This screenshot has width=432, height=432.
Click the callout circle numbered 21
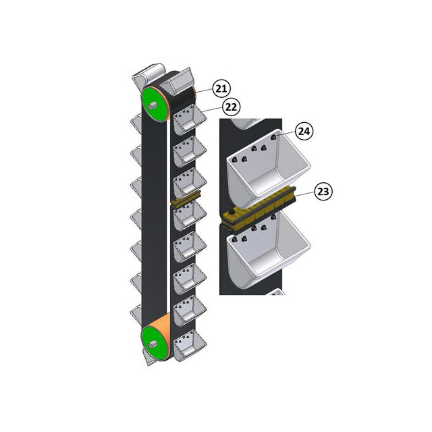point(221,87)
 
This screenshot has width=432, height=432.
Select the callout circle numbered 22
point(231,106)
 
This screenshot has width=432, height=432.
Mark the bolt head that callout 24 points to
point(275,138)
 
